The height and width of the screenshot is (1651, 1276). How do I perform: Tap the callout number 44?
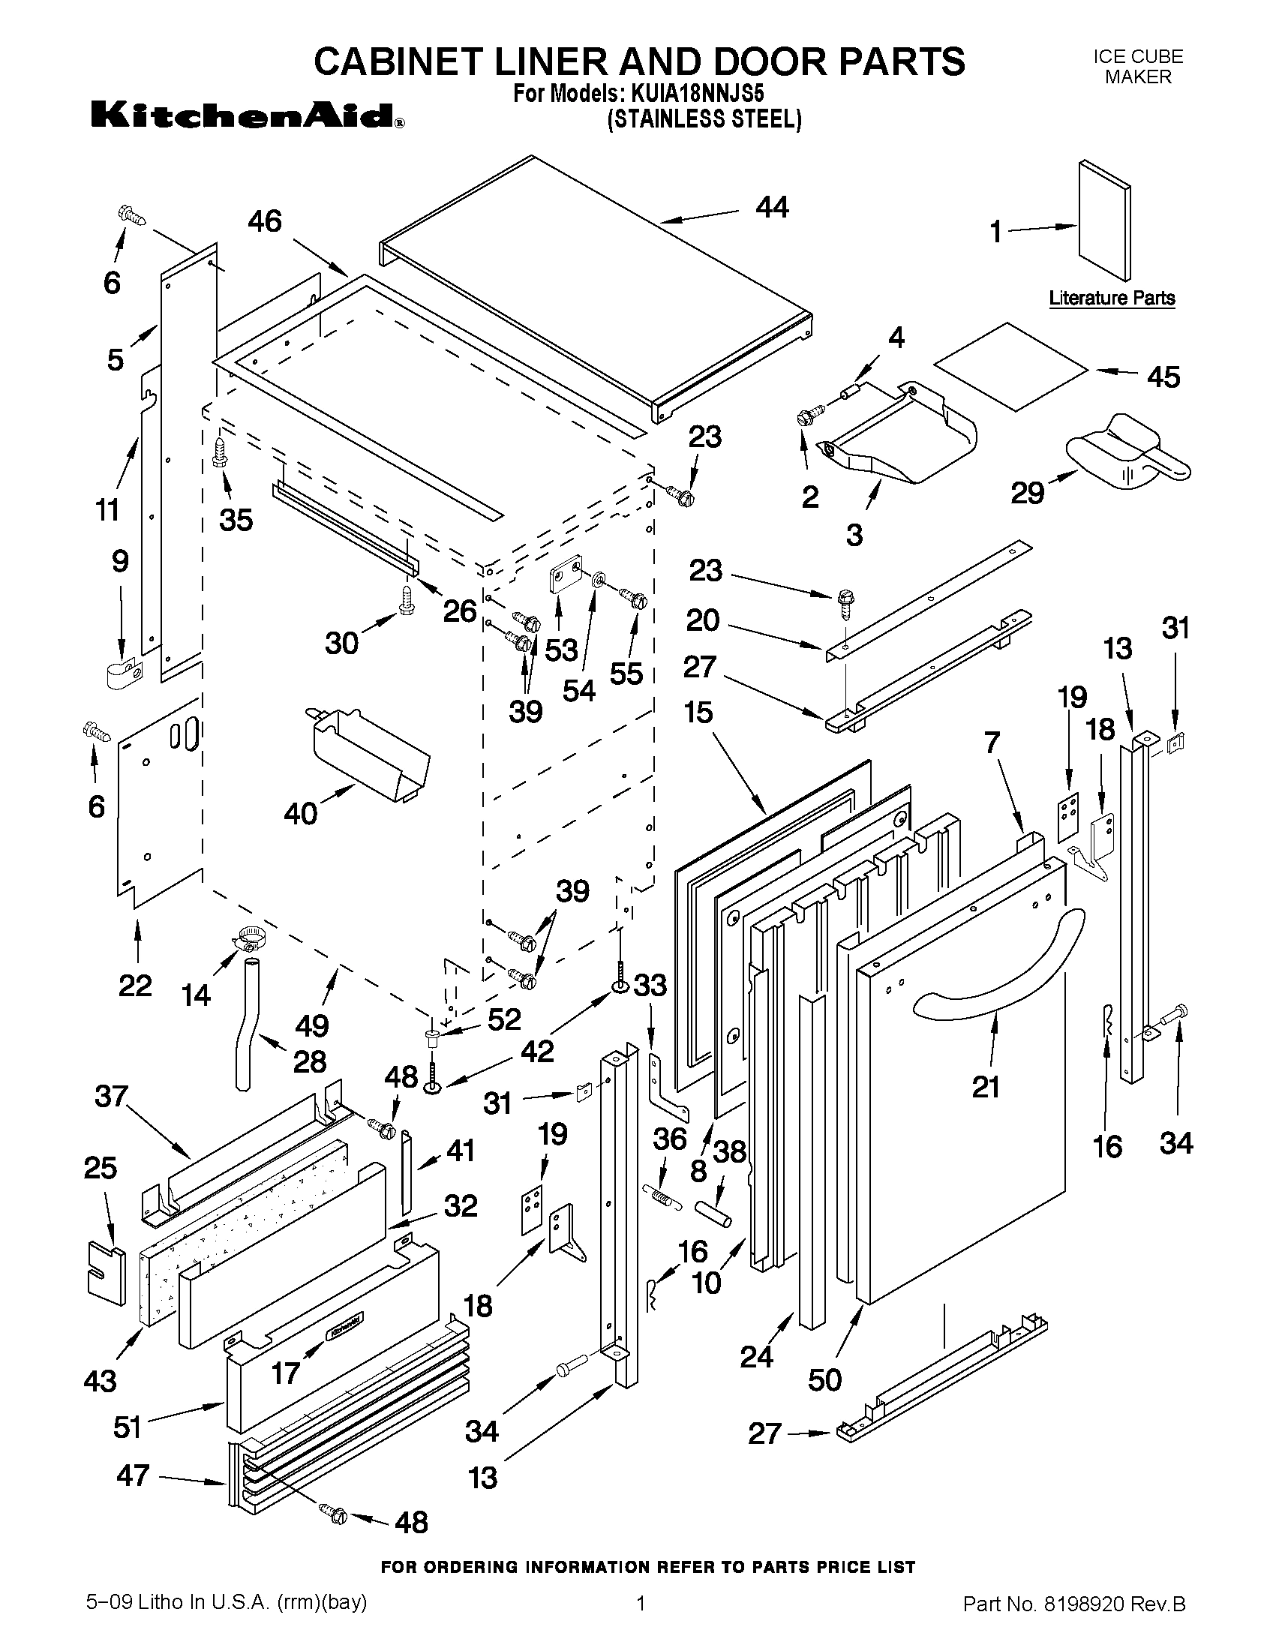(772, 207)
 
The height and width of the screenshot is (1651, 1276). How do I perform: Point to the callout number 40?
(300, 813)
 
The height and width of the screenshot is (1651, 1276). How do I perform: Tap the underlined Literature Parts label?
(1111, 298)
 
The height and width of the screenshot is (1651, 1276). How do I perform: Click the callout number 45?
(1163, 377)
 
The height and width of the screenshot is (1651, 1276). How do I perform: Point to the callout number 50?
(824, 1380)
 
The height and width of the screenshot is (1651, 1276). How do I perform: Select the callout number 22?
(135, 986)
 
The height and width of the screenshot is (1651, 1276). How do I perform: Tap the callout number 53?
(561, 650)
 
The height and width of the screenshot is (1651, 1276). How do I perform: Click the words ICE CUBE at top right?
(1138, 57)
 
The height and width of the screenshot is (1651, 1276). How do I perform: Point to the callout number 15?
(698, 712)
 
